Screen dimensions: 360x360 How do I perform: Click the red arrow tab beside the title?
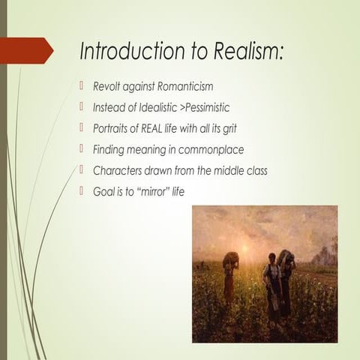(x=29, y=51)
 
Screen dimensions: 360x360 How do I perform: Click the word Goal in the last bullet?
(x=103, y=191)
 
